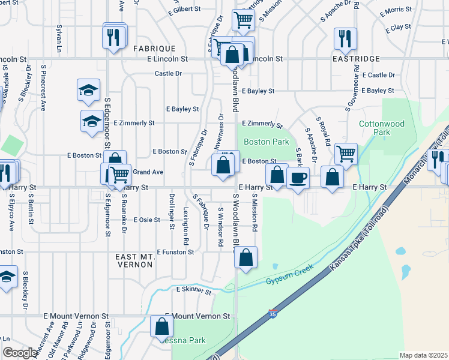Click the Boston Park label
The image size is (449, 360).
tap(266, 142)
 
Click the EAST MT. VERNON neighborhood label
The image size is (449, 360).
tap(135, 260)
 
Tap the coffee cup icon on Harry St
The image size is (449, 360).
tap(298, 178)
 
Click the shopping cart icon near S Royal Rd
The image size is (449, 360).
tap(346, 154)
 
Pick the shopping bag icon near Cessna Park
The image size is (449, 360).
tap(161, 327)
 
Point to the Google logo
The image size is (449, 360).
tap(20, 353)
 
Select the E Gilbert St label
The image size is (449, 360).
tap(184, 10)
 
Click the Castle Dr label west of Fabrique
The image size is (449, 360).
tap(168, 73)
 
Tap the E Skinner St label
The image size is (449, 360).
tap(194, 290)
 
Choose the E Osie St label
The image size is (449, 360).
tap(146, 220)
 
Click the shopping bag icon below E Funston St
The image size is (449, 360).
tap(246, 258)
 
